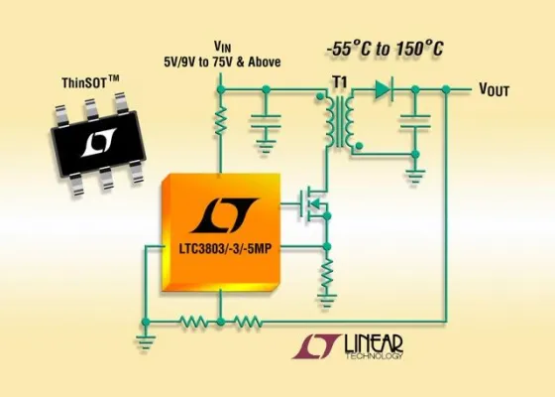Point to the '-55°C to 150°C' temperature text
386,50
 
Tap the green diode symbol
381,90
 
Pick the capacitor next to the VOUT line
415,123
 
